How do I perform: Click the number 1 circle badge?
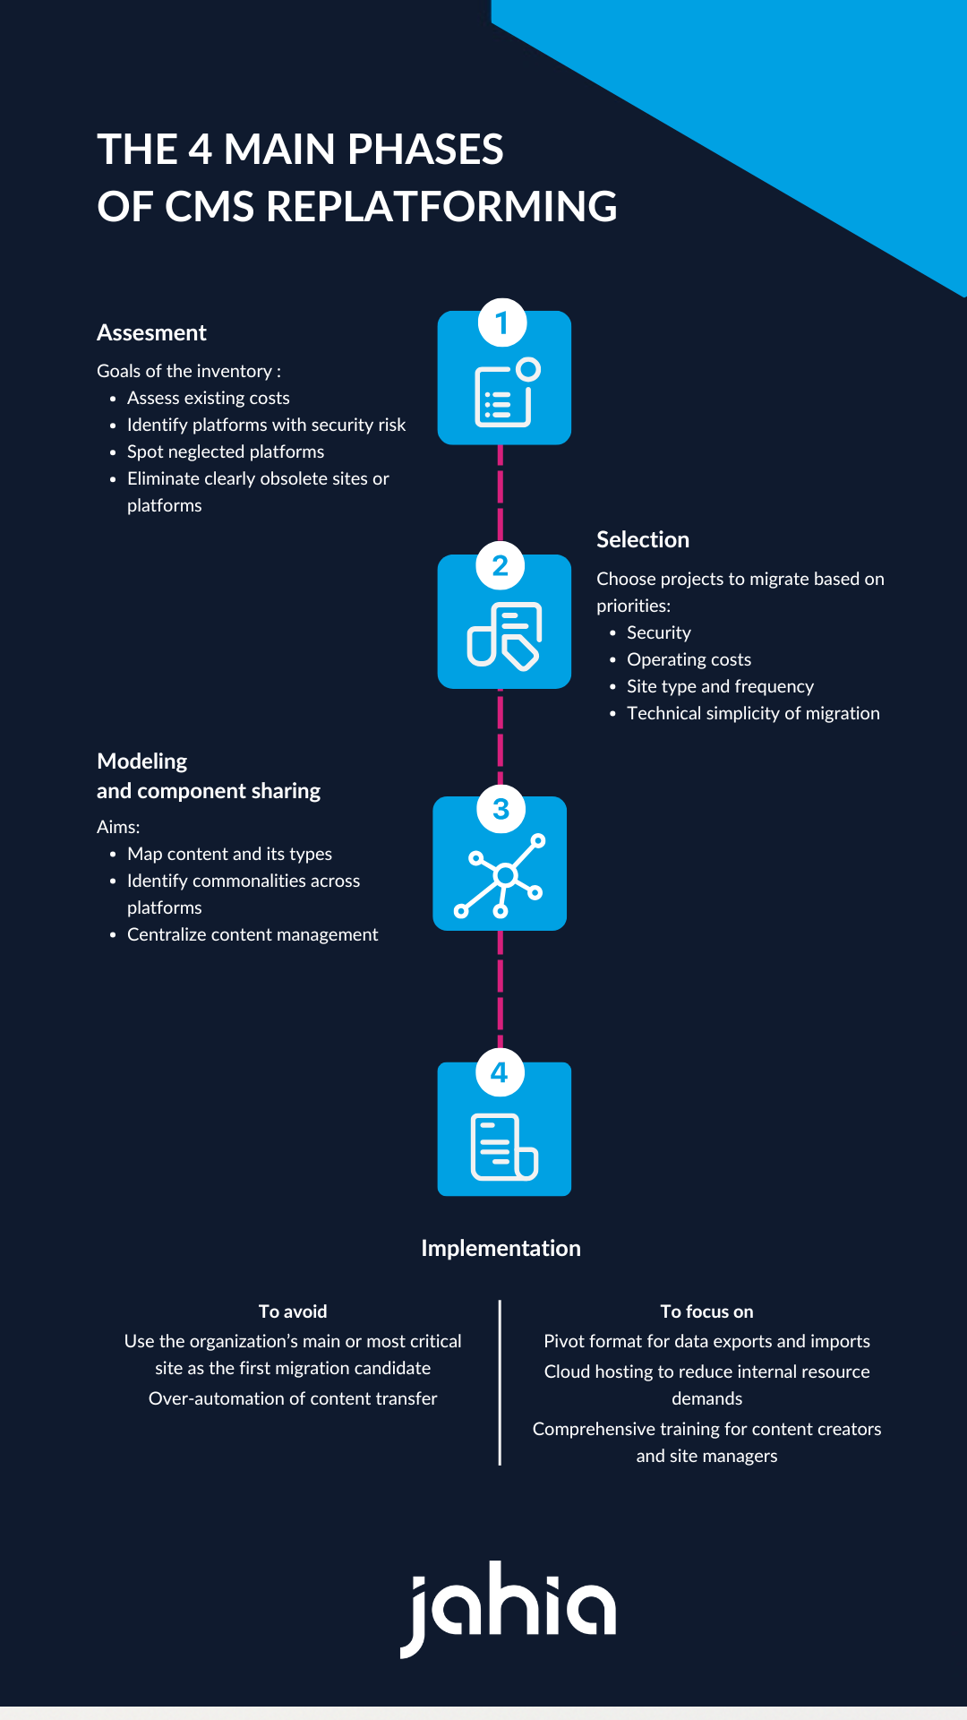point(501,322)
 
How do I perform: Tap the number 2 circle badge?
point(501,566)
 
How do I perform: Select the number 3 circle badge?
point(501,809)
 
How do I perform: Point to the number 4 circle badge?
point(500,1072)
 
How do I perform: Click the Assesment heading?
point(151,333)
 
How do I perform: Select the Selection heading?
point(643,539)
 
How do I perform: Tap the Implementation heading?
point(501,1248)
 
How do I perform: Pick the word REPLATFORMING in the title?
point(441,207)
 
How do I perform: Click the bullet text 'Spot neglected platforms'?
point(226,451)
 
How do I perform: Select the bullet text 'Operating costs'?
point(689,659)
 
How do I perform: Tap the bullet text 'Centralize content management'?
point(252,934)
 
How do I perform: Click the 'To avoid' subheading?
point(293,1311)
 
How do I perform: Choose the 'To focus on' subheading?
point(706,1311)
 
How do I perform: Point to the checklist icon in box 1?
point(505,394)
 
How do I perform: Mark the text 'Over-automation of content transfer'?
point(293,1398)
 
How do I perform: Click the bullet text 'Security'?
point(658,632)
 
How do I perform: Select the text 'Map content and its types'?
point(229,854)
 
